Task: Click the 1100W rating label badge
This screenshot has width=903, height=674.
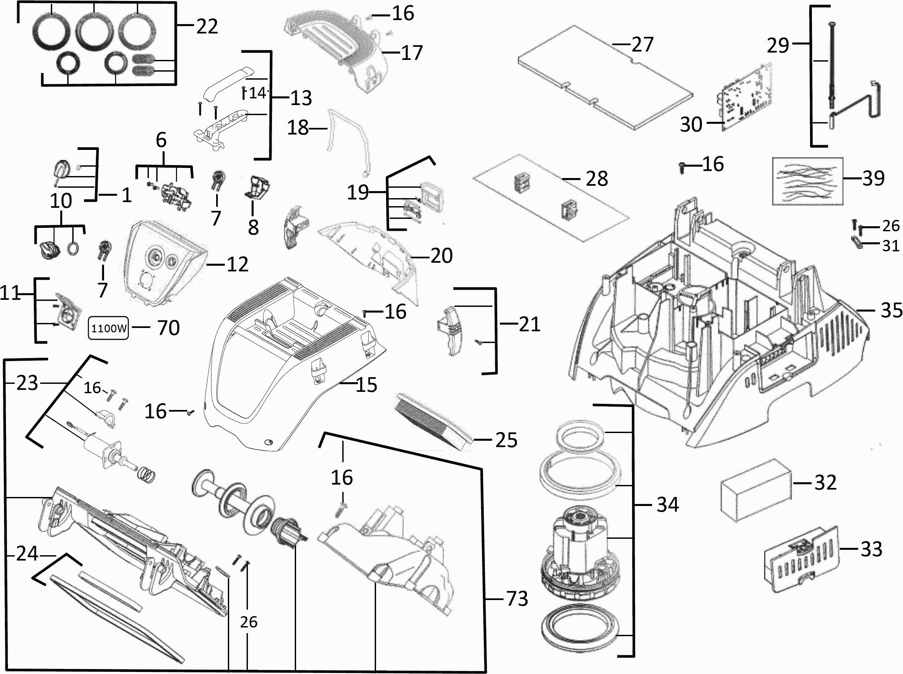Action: point(108,328)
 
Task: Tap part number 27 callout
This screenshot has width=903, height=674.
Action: point(642,44)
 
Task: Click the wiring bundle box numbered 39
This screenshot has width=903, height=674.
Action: point(807,181)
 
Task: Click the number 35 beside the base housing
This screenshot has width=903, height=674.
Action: point(891,310)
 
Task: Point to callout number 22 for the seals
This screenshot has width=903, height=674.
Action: point(207,26)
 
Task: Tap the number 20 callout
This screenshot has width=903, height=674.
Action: point(441,256)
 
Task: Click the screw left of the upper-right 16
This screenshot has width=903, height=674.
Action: point(681,167)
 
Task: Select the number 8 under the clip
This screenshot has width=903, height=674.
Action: point(253,227)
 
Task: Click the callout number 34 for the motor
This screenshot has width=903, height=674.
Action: point(667,505)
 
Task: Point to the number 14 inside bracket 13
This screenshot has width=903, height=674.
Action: point(257,93)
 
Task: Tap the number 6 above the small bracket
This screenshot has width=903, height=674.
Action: point(161,140)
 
